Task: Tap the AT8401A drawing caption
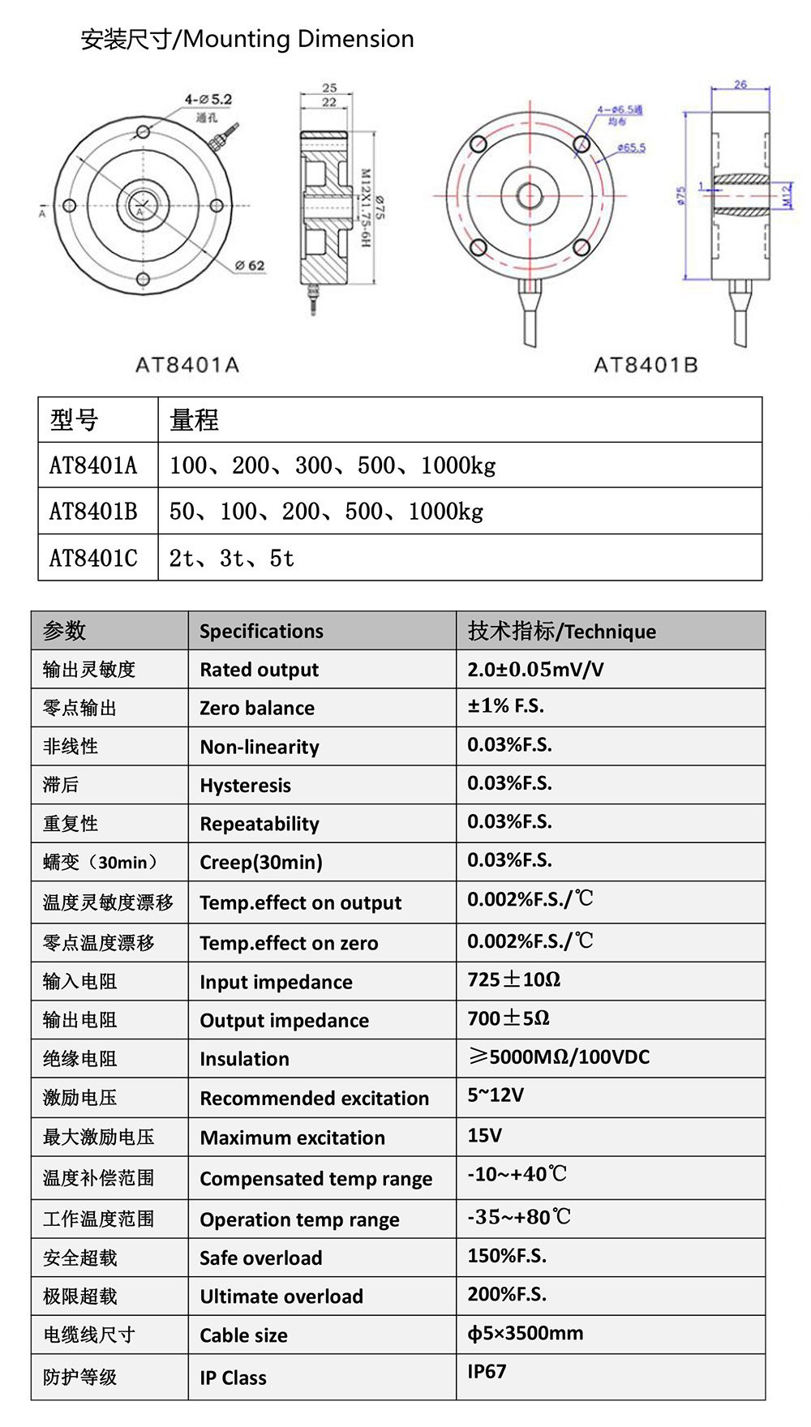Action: point(187,365)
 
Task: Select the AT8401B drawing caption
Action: point(646,365)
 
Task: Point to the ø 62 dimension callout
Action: point(250,265)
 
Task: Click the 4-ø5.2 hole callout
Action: point(208,99)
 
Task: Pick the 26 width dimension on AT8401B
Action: point(740,84)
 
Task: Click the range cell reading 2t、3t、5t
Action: point(232,558)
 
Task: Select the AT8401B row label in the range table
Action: point(93,511)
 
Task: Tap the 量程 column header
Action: point(194,420)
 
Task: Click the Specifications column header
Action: point(261,631)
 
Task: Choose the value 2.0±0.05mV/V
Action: point(535,669)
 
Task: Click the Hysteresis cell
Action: point(245,785)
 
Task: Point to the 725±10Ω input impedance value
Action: point(513,979)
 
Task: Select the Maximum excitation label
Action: point(292,1138)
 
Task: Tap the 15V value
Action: point(484,1135)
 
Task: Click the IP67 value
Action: point(487,1371)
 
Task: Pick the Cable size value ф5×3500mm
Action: point(525,1333)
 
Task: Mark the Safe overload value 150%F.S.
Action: point(507,1256)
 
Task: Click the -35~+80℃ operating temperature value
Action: point(519,1217)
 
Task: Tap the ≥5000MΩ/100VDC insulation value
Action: point(559,1056)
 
